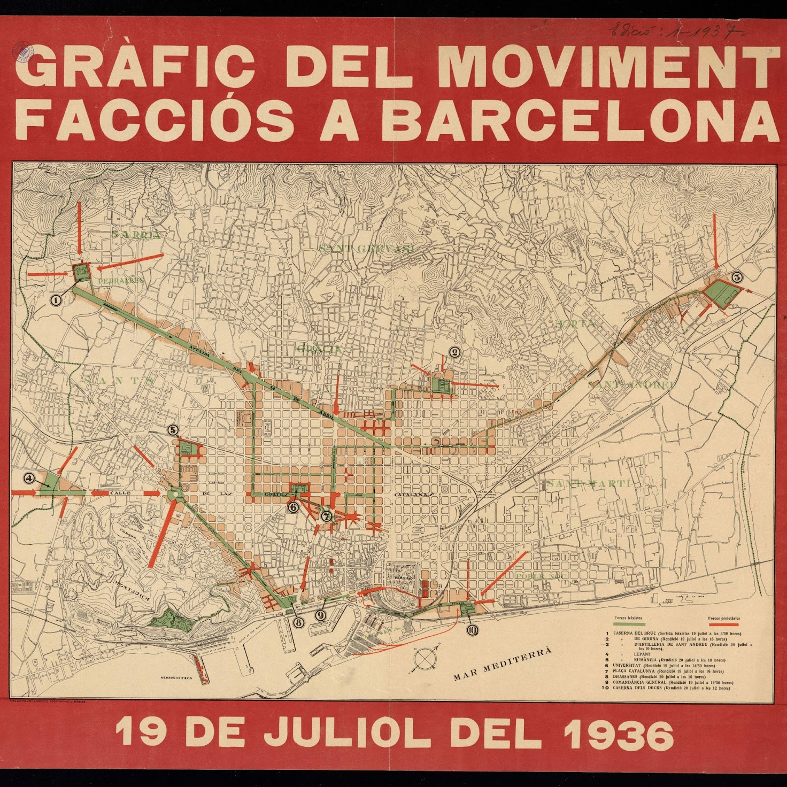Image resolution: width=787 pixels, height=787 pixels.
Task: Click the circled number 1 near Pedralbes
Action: pos(56,300)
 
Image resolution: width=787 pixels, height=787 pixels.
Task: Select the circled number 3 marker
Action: pos(737,277)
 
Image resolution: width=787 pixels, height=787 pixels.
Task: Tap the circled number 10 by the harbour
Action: pos(472,630)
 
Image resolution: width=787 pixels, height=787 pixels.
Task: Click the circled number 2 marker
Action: pos(454,352)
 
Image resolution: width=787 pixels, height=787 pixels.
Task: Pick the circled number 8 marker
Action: pos(298,622)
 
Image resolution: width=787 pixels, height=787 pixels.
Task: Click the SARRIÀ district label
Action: pos(136,234)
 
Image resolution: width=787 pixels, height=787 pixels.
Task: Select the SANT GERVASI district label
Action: pos(367,249)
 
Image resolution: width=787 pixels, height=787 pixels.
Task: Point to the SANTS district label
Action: pos(119,380)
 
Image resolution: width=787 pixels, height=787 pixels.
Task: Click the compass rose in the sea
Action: pos(424,659)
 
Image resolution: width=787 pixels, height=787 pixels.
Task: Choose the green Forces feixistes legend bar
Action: pos(629,624)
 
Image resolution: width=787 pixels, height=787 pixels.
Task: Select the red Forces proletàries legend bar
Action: pos(723,624)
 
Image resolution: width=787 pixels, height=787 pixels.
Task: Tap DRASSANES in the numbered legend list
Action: pos(627,677)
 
